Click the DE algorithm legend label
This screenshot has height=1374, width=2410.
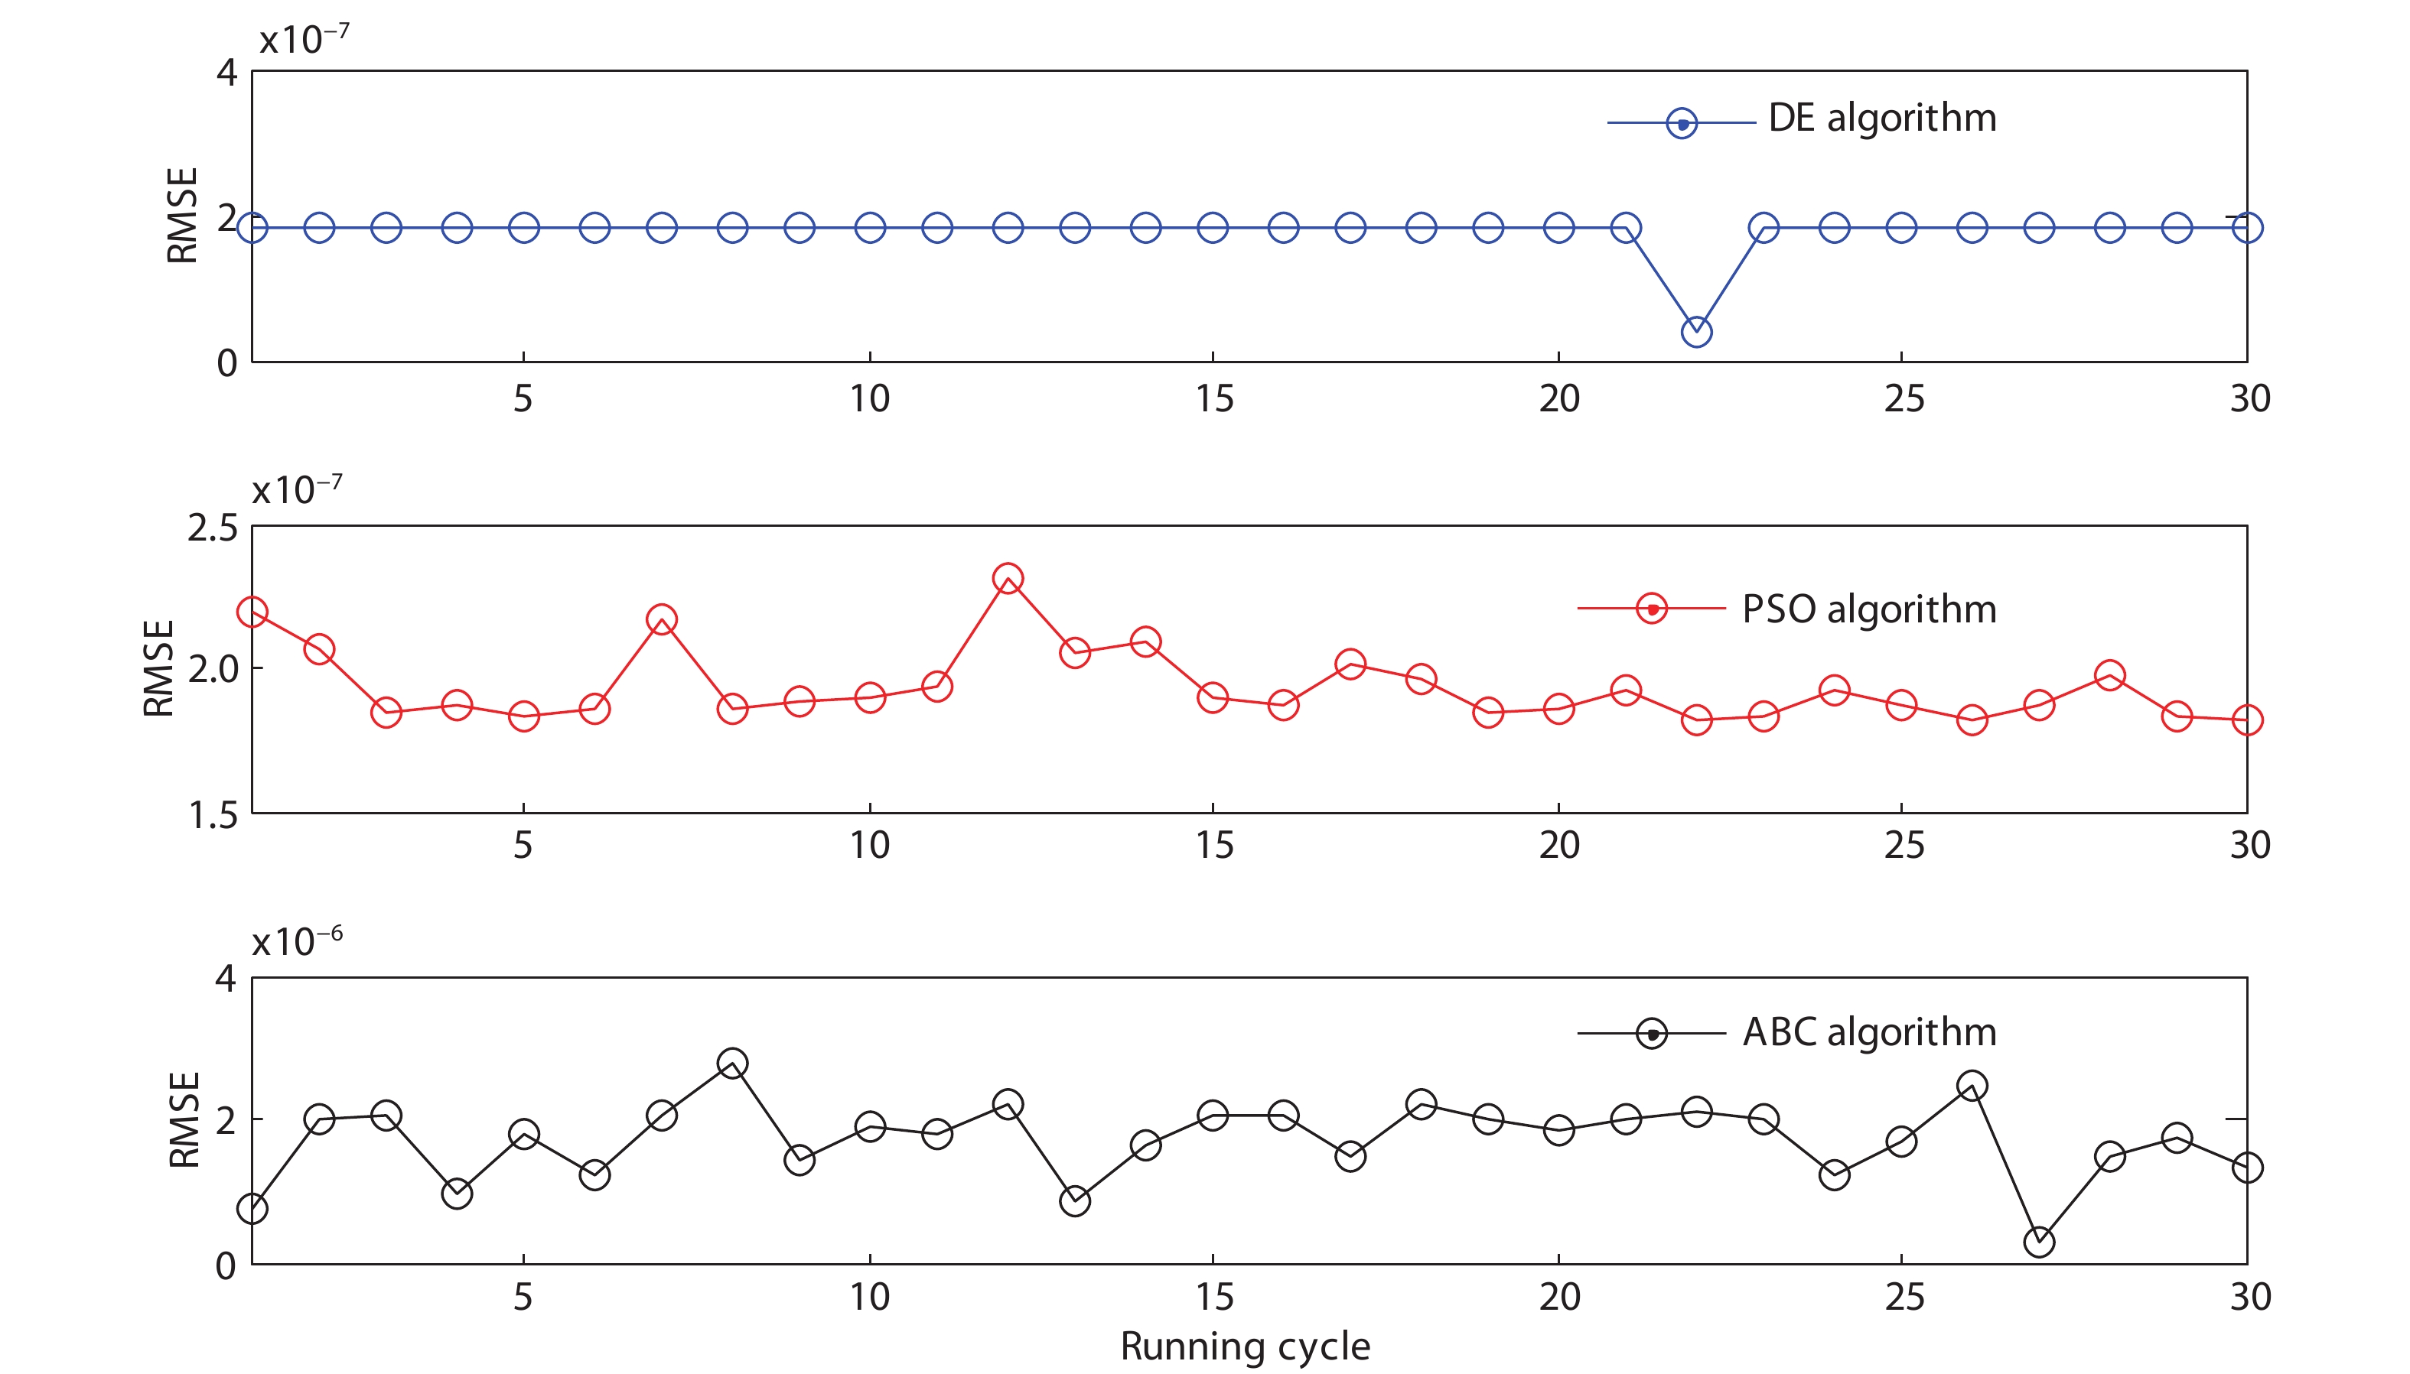1881,119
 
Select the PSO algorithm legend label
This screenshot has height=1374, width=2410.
1868,609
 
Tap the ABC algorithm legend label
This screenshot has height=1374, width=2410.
1868,1032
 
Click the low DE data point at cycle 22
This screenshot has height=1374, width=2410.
1695,332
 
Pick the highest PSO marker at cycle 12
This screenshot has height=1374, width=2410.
1008,579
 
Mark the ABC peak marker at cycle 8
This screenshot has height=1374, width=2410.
731,1064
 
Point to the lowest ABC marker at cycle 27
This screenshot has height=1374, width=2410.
2038,1242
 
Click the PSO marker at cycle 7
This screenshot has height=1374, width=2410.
661,620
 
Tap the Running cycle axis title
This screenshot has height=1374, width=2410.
1244,1346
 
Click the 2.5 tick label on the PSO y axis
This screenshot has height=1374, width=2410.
213,528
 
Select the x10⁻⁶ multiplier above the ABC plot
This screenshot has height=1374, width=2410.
296,942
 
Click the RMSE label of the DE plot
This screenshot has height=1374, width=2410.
182,215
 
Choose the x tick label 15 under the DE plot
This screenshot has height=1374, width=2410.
1214,399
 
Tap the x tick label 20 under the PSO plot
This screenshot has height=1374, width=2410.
1558,846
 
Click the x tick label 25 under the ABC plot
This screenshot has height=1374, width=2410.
1903,1298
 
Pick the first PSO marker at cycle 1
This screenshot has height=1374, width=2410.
252,612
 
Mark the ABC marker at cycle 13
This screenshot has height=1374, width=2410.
1074,1201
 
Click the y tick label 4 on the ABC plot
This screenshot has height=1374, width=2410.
226,979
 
